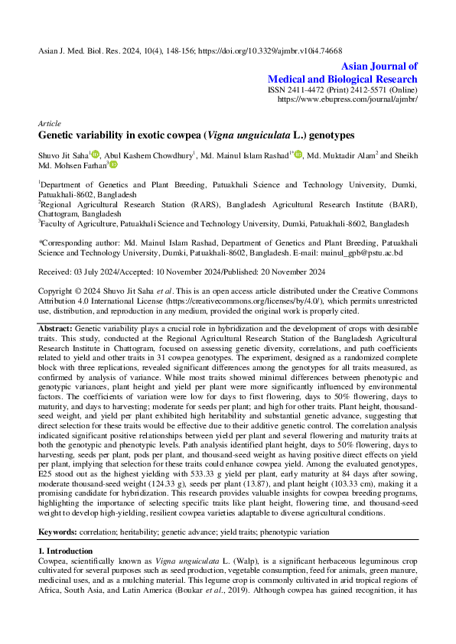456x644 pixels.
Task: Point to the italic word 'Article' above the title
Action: click(x=50, y=123)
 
